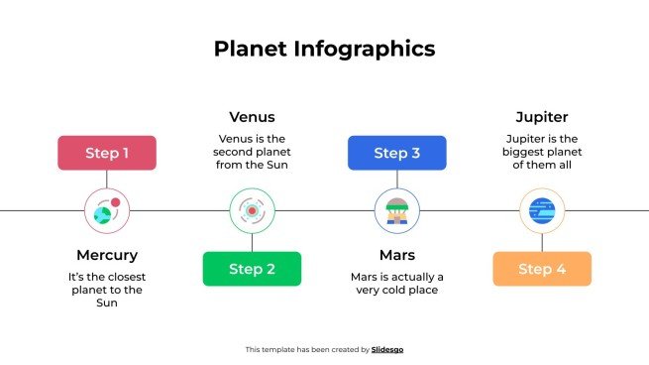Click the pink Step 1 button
[107, 153]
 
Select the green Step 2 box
[252, 269]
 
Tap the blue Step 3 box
[396, 153]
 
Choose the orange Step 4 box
[542, 269]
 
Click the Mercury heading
[107, 255]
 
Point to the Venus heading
[252, 117]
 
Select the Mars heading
[396, 255]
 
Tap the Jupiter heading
[542, 117]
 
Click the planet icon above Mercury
[107, 210]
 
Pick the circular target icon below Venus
[252, 210]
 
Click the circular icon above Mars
[396, 210]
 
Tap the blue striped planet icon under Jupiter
[542, 210]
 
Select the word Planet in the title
[252, 49]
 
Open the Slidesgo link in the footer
[387, 349]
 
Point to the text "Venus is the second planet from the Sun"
[252, 152]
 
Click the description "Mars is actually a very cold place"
[396, 283]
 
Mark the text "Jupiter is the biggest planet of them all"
[542, 152]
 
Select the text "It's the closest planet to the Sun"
[107, 290]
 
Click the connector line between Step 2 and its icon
[252, 242]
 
